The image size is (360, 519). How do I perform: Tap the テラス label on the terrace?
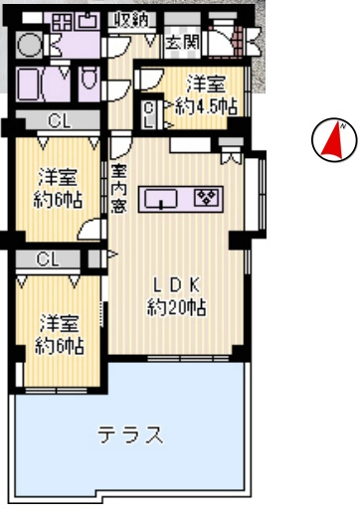click(x=129, y=434)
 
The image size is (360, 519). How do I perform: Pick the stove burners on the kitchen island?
click(x=208, y=197)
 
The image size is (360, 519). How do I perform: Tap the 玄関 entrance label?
click(x=181, y=42)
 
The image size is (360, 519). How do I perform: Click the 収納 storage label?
click(x=131, y=18)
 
